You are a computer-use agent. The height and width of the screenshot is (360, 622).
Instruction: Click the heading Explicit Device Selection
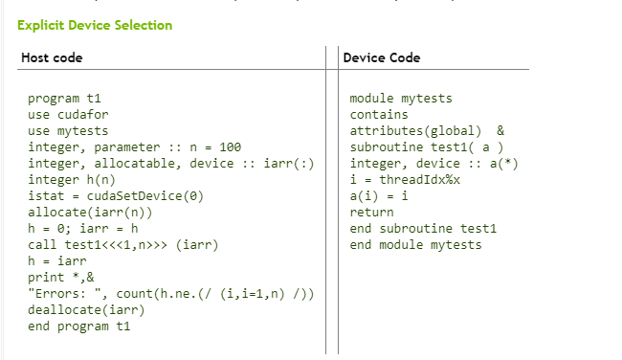click(95, 26)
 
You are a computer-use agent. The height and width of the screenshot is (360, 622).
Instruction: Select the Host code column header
click(52, 58)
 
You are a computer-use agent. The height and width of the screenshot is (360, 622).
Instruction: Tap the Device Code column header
click(382, 58)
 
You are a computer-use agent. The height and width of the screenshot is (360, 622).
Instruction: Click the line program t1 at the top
click(64, 99)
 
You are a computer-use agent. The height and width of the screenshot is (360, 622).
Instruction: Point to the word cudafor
click(82, 115)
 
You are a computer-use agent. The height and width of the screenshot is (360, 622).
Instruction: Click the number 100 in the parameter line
click(230, 147)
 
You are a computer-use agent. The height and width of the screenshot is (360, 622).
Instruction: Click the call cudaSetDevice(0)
click(145, 196)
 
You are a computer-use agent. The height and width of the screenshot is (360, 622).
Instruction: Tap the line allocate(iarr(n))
click(90, 213)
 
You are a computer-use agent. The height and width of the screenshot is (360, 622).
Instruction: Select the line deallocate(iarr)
click(86, 310)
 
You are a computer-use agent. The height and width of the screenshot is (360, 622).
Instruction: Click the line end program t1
click(78, 326)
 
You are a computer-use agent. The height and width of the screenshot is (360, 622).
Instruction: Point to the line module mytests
click(401, 99)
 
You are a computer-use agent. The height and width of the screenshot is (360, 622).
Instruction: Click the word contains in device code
click(379, 115)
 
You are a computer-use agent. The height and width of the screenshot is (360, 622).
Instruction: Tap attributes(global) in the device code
click(415, 131)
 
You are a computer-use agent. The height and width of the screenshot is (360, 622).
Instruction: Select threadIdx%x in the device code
click(419, 180)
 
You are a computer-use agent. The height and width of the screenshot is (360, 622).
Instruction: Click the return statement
click(371, 213)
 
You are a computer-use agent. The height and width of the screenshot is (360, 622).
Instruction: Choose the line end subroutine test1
click(423, 229)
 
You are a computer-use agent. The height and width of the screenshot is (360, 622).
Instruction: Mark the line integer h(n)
click(72, 180)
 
